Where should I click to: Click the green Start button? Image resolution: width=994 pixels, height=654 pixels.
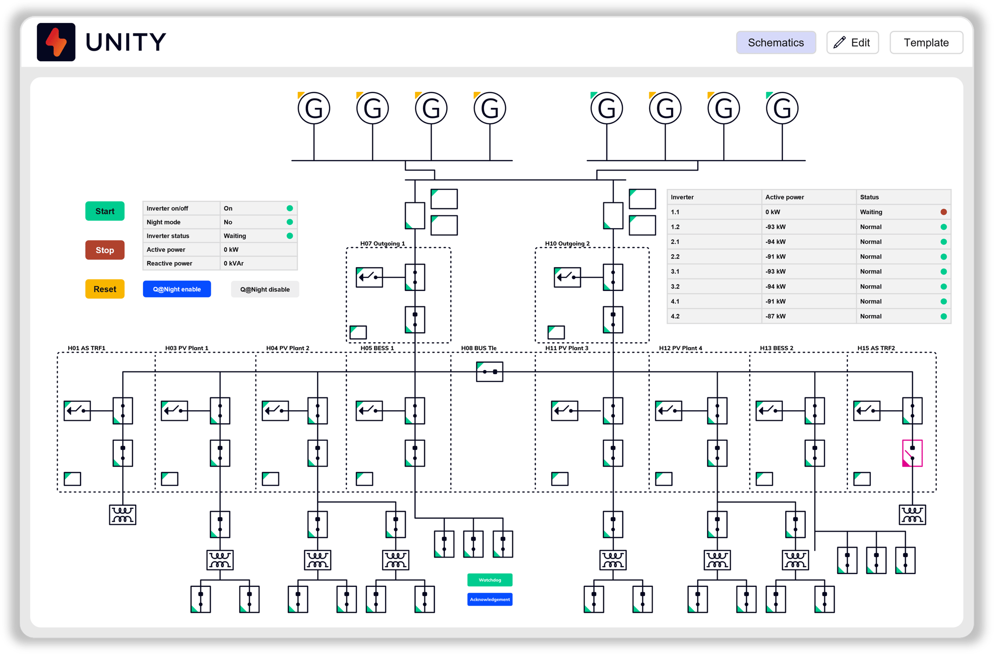pos(105,211)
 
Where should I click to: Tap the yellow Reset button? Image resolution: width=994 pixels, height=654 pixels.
pos(105,289)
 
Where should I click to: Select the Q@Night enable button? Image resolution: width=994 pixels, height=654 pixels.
pos(177,289)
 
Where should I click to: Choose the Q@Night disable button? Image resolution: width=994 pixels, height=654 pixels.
pos(265,289)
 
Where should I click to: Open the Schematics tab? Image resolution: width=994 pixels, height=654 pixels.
pos(775,43)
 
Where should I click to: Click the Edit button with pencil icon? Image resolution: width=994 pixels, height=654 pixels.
pos(852,43)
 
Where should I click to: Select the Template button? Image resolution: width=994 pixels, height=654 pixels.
pos(926,43)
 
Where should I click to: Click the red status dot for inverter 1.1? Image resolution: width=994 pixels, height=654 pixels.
pos(943,212)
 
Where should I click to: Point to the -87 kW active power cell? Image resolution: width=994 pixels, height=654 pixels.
pos(775,316)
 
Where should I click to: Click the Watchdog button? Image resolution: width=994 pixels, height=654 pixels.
pos(490,580)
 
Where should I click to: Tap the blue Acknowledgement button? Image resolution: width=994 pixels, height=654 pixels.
pos(490,599)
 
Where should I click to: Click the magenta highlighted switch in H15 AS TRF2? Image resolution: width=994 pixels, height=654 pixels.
pos(912,453)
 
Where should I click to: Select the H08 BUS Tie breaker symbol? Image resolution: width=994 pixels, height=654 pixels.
pos(490,372)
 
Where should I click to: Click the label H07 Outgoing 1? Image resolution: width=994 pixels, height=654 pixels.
pos(382,244)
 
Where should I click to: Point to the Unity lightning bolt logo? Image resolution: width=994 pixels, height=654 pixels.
pos(56,42)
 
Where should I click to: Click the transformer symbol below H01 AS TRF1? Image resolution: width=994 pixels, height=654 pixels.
pos(122,515)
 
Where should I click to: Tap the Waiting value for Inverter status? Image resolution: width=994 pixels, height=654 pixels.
pos(235,236)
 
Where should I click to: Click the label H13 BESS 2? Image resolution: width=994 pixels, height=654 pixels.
pos(776,348)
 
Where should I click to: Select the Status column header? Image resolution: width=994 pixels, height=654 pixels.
pos(869,197)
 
